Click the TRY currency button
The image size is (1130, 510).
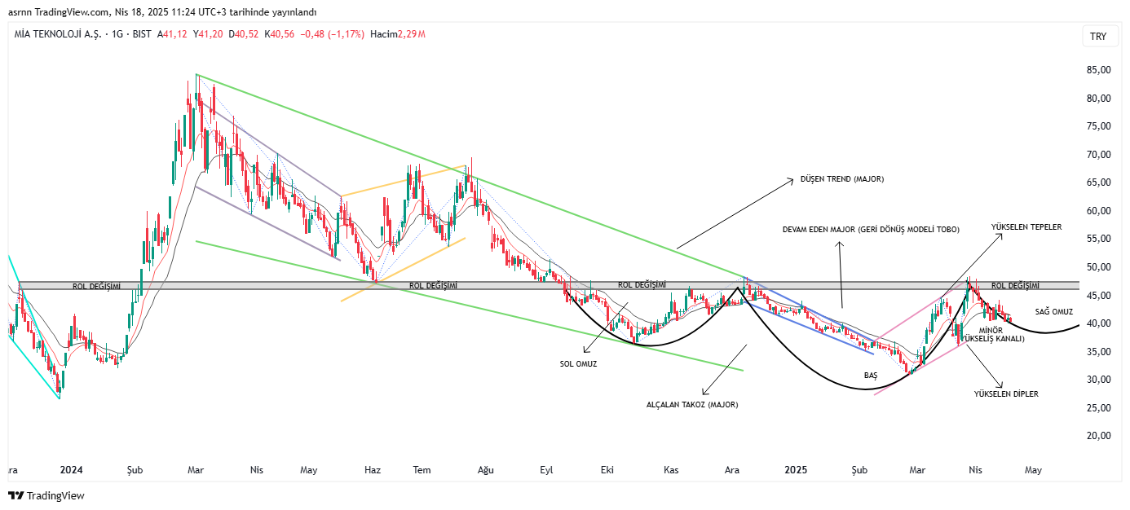click(x=1098, y=37)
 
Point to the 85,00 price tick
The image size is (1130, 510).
click(x=1099, y=70)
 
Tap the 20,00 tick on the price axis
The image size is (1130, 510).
click(x=1099, y=436)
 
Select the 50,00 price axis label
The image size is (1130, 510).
click(x=1099, y=267)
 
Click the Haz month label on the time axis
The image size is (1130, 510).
click(x=373, y=470)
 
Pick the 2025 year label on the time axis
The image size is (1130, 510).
click(x=796, y=470)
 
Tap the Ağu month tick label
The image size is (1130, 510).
click(x=486, y=470)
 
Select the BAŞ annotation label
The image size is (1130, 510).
click(x=870, y=375)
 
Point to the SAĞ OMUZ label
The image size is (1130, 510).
click(x=1054, y=312)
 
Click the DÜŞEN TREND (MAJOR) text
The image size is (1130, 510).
click(x=841, y=178)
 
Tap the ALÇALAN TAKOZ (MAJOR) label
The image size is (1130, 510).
click(x=697, y=404)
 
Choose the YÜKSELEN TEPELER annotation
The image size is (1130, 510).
click(x=1026, y=227)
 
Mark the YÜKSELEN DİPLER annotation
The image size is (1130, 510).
click(x=1006, y=393)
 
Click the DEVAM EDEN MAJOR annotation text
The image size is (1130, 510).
click(x=871, y=230)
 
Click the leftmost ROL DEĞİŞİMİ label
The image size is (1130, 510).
click(x=97, y=287)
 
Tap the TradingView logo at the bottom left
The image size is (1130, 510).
click(x=46, y=495)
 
